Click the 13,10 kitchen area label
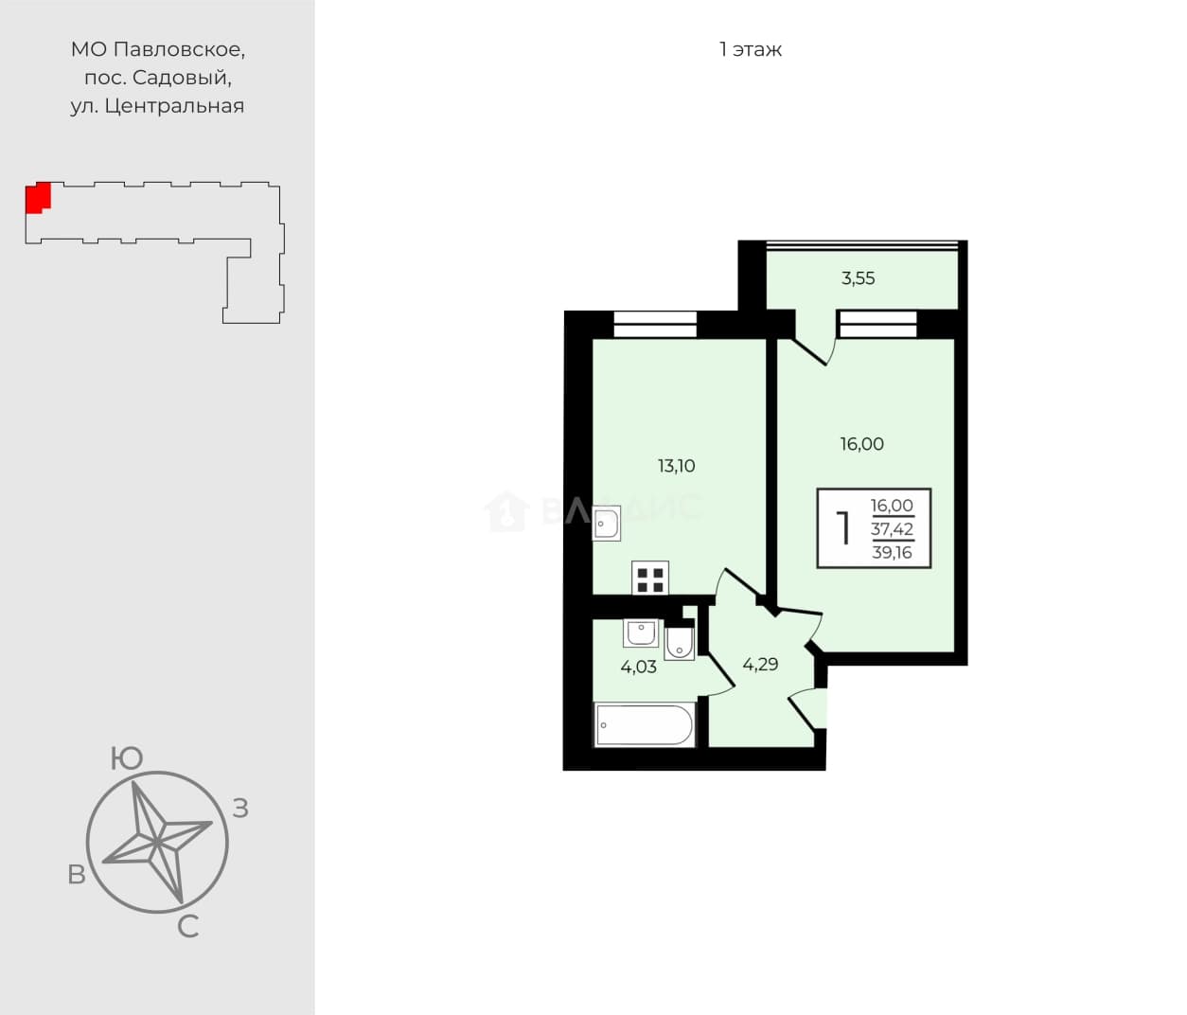[676, 466]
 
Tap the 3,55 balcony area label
[858, 278]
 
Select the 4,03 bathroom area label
[638, 667]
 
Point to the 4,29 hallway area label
[760, 665]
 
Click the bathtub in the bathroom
[645, 725]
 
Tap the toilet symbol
[680, 643]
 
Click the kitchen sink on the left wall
[607, 524]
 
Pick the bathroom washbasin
[641, 633]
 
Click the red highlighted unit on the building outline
[38, 198]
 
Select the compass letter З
[240, 809]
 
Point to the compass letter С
[187, 927]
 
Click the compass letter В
[77, 875]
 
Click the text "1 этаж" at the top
[751, 50]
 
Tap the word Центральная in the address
[174, 106]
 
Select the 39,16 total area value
[892, 553]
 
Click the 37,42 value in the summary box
[892, 529]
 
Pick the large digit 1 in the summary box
[843, 528]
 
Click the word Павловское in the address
[179, 50]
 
